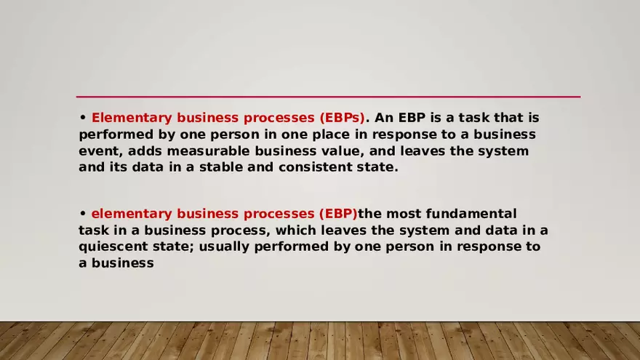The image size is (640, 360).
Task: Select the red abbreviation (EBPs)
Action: tap(342, 118)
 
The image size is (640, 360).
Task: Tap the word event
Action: tap(99, 151)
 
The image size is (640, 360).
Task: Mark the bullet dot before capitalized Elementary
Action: tap(83, 117)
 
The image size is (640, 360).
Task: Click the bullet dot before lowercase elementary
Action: tap(83, 213)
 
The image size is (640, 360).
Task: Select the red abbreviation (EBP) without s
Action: tap(338, 214)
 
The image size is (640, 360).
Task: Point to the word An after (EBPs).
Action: tap(384, 118)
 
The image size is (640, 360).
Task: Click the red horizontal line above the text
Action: tap(328, 97)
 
